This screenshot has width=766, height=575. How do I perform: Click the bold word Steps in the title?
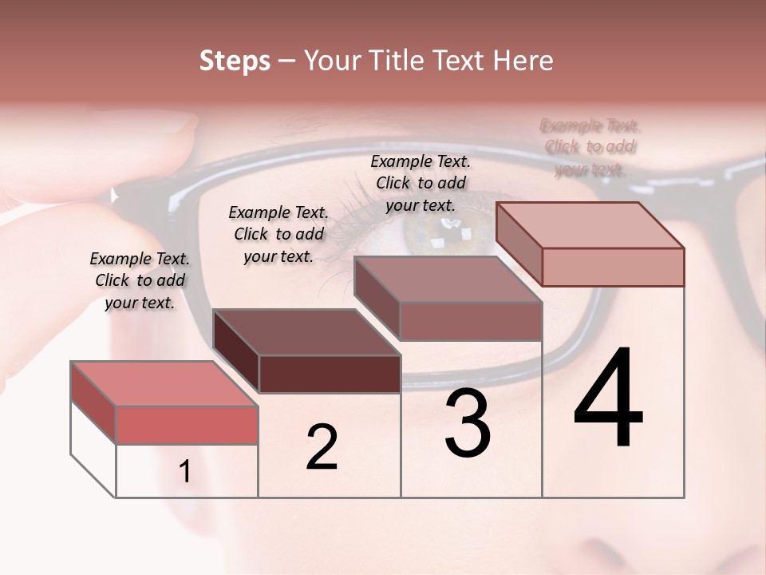(x=235, y=61)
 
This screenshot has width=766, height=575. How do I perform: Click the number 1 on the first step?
(x=185, y=472)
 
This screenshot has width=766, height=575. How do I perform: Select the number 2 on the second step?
(x=322, y=447)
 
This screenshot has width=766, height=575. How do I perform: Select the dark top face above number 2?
(x=306, y=332)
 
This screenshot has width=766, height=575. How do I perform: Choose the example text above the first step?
(x=140, y=280)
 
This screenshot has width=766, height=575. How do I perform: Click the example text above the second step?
(x=278, y=234)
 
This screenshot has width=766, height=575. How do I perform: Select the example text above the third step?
(x=421, y=183)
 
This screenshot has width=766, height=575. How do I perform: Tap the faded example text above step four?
(x=590, y=147)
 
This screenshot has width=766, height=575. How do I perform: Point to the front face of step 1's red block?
(x=187, y=425)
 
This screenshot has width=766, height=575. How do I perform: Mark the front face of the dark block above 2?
(x=330, y=374)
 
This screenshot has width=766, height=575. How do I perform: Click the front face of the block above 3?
(x=471, y=321)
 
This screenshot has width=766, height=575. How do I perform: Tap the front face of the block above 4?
(x=613, y=267)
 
